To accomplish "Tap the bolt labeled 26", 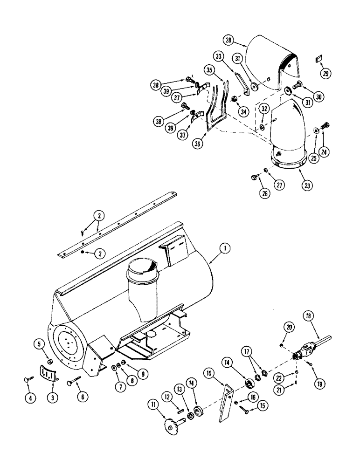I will pos(255,177).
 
